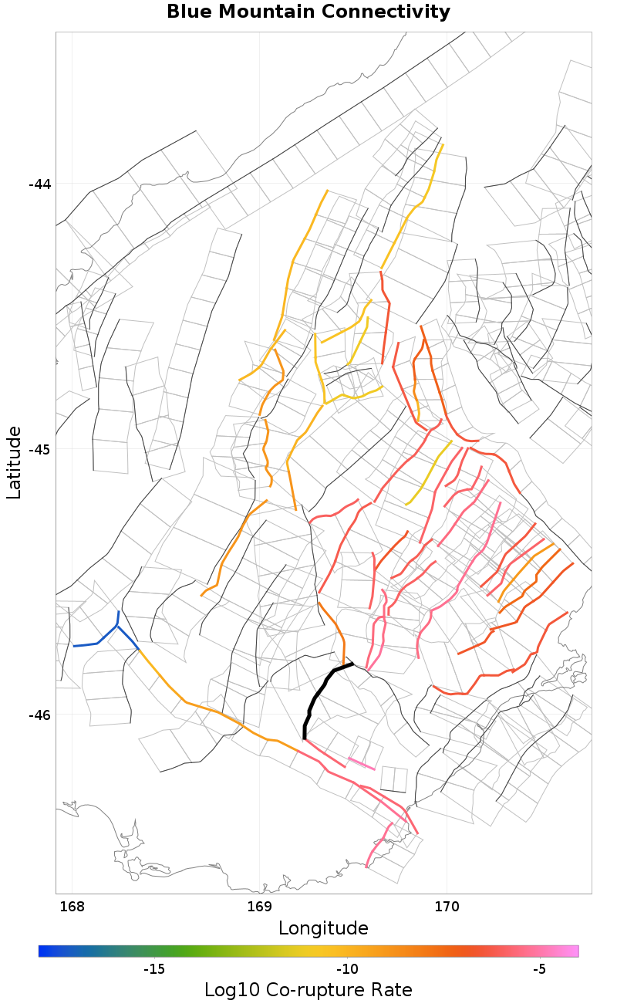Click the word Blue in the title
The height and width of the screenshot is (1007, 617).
pyautogui.click(x=189, y=12)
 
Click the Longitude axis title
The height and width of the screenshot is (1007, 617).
pyautogui.click(x=323, y=928)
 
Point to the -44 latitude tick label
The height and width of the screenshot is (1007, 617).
pyautogui.click(x=39, y=184)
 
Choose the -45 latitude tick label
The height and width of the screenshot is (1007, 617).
pyautogui.click(x=39, y=450)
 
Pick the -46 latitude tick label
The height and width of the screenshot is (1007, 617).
pyautogui.click(x=39, y=715)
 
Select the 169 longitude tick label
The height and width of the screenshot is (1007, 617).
pyautogui.click(x=259, y=905)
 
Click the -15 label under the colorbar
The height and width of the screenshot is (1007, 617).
pyautogui.click(x=154, y=969)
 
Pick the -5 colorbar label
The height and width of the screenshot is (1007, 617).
pyautogui.click(x=539, y=969)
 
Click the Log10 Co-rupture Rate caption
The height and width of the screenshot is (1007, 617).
pyautogui.click(x=308, y=990)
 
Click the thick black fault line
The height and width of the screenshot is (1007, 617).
pyautogui.click(x=316, y=694)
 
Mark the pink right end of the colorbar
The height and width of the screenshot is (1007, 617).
pyautogui.click(x=573, y=951)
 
